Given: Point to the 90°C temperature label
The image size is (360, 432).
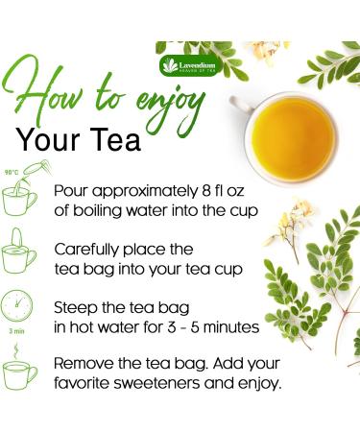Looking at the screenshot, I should click(x=12, y=172).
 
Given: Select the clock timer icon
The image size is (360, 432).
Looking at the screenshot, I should click(x=20, y=307).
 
